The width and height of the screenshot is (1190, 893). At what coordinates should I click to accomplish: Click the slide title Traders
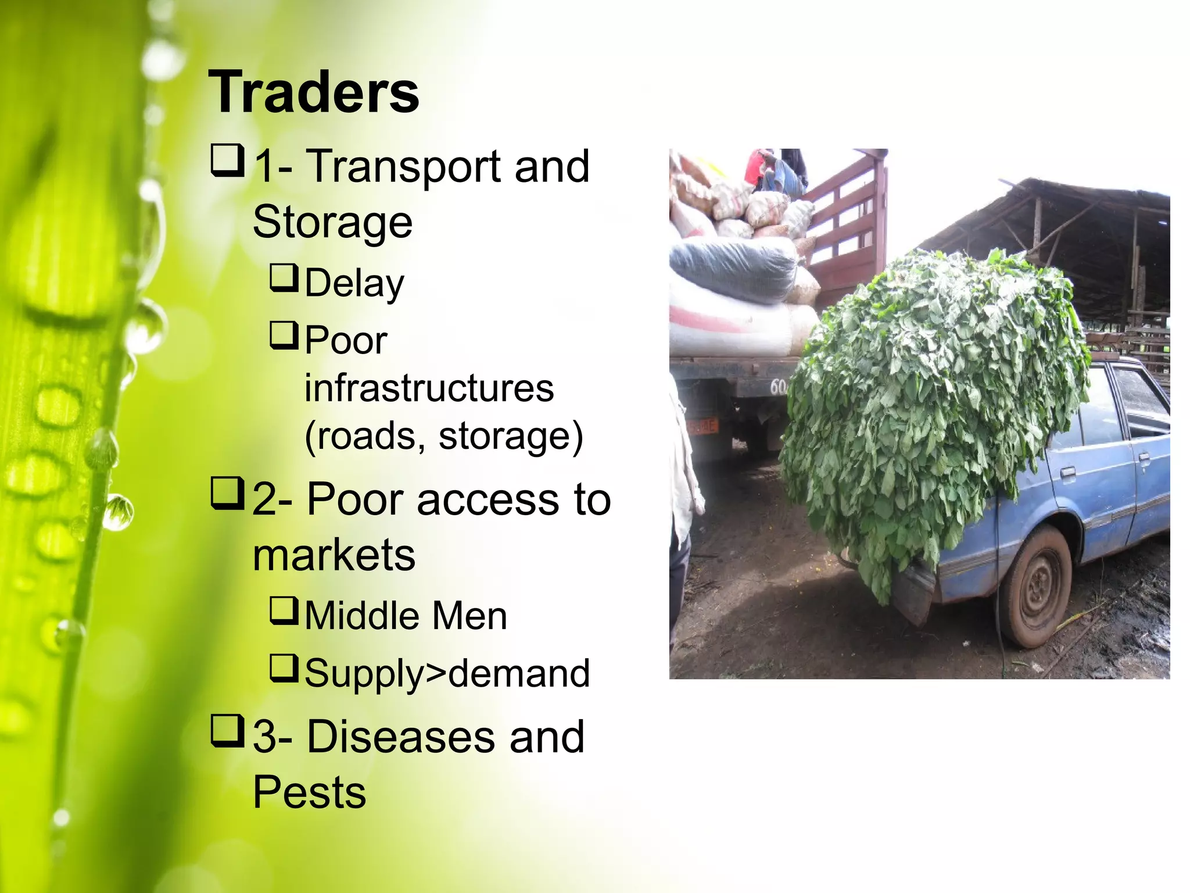313,92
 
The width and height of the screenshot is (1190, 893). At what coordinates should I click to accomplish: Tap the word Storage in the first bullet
332,222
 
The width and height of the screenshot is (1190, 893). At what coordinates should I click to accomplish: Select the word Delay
354,284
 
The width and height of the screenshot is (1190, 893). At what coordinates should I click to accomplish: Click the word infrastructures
429,388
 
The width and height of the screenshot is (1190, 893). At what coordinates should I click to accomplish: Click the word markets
334,555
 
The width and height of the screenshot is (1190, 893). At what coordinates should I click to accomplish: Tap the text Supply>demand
447,673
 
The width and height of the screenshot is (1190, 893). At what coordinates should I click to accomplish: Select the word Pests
309,792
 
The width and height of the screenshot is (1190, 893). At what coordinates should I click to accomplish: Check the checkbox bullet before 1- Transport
227,162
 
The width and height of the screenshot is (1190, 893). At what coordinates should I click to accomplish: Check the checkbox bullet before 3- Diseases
227,732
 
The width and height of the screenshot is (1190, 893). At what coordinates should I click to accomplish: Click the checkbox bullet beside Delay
284,278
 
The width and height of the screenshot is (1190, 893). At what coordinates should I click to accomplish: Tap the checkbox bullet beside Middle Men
284,611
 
